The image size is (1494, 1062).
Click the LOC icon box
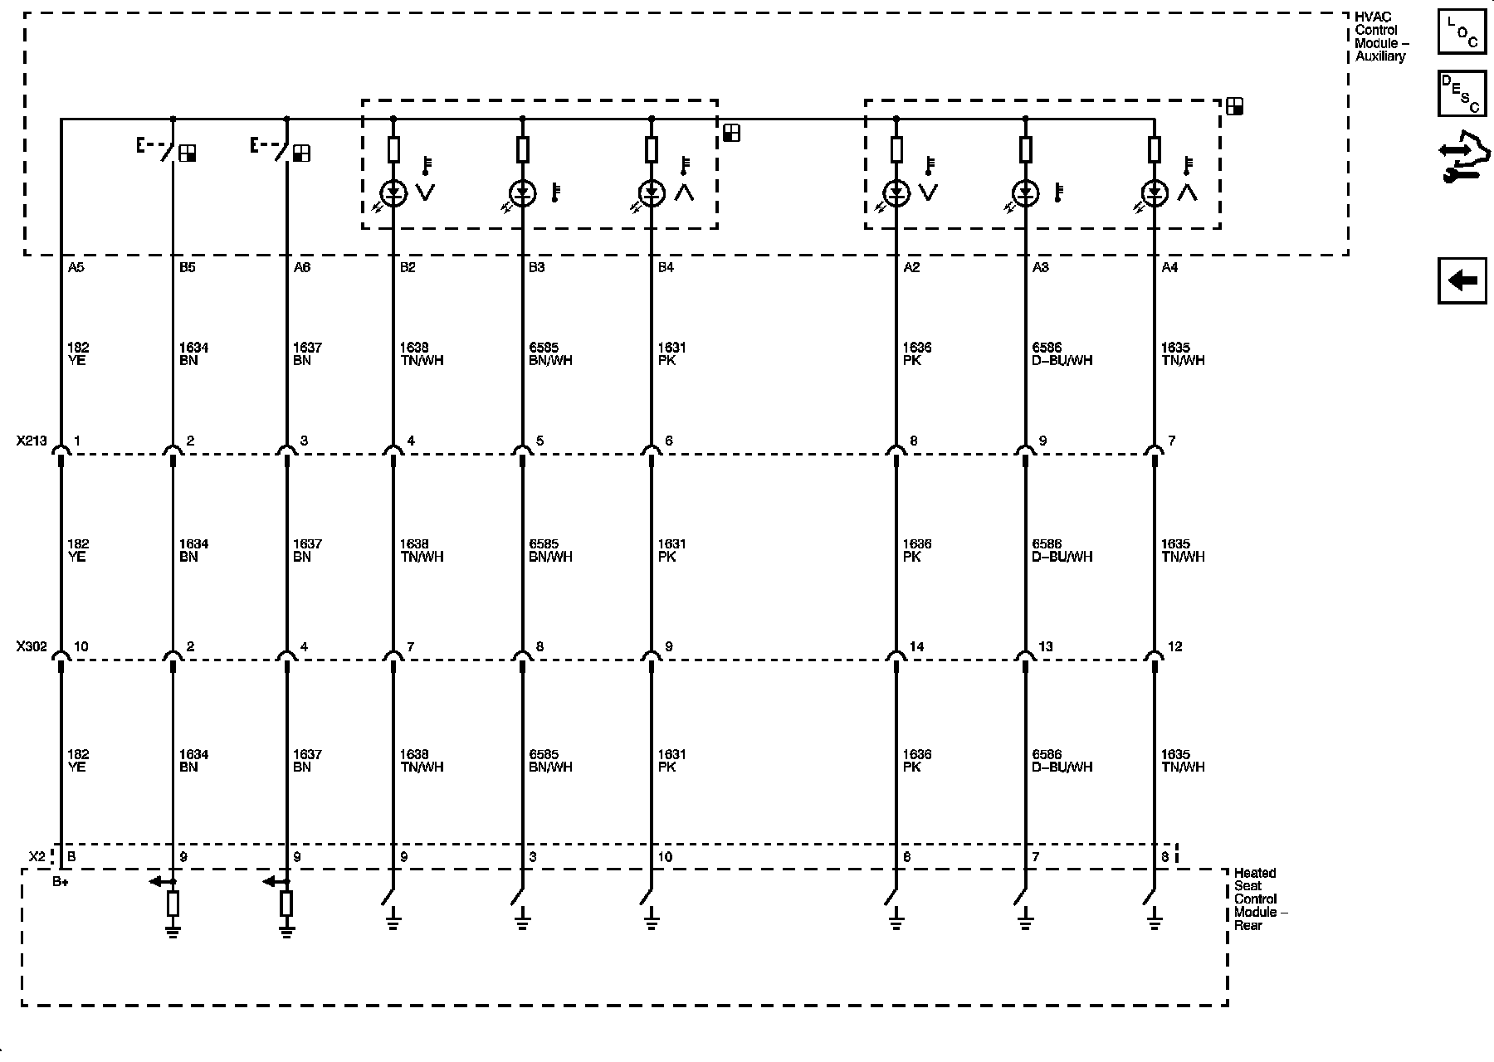click(1462, 33)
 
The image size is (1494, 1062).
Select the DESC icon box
click(1462, 93)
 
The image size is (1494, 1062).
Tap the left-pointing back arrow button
click(1462, 280)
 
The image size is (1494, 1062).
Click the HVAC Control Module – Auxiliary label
click(1381, 37)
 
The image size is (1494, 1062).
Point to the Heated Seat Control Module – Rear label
click(1260, 899)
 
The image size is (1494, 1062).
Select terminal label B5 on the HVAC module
click(188, 268)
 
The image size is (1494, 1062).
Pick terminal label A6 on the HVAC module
click(302, 268)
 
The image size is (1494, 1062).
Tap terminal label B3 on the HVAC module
click(537, 268)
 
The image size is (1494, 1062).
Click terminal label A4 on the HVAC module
click(1169, 268)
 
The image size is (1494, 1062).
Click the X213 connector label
click(32, 441)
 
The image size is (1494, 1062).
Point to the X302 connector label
click(32, 647)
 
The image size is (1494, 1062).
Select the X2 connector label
click(37, 856)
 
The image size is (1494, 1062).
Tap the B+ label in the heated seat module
click(61, 882)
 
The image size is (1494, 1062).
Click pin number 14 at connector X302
click(916, 647)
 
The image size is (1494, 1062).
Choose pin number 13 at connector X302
click(1046, 647)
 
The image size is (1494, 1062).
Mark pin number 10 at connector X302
click(81, 647)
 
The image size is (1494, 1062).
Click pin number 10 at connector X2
click(666, 857)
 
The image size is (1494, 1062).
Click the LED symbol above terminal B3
click(522, 194)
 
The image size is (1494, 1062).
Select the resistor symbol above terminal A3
click(1026, 150)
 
